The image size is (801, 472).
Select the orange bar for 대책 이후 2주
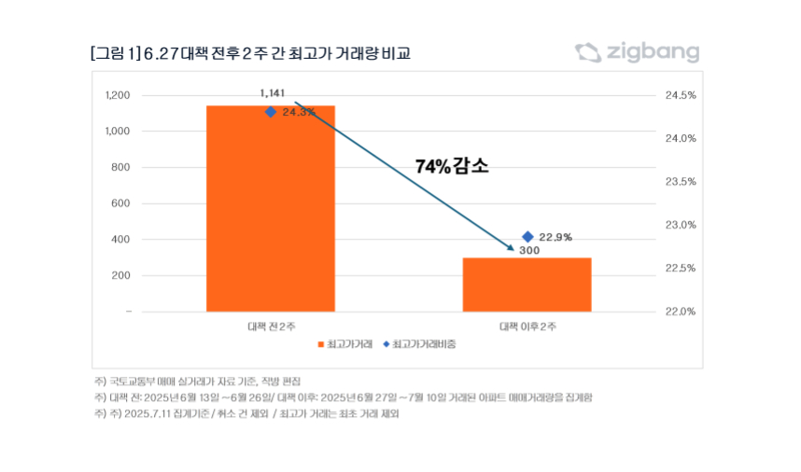[527, 284]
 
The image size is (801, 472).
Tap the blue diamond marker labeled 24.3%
[271, 112]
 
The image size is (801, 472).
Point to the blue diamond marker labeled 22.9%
[527, 237]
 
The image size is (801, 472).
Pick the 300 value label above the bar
[529, 251]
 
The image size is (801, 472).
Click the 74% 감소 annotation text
[452, 167]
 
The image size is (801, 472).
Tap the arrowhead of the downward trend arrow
[511, 249]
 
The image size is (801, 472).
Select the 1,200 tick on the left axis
[117, 95]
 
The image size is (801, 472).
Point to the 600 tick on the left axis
[121, 203]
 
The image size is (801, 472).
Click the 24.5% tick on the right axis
[681, 95]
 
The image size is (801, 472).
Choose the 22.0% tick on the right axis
[681, 312]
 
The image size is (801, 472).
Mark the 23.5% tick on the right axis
[681, 182]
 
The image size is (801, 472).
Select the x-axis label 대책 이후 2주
[527, 326]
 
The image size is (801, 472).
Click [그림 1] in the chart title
[115, 53]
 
